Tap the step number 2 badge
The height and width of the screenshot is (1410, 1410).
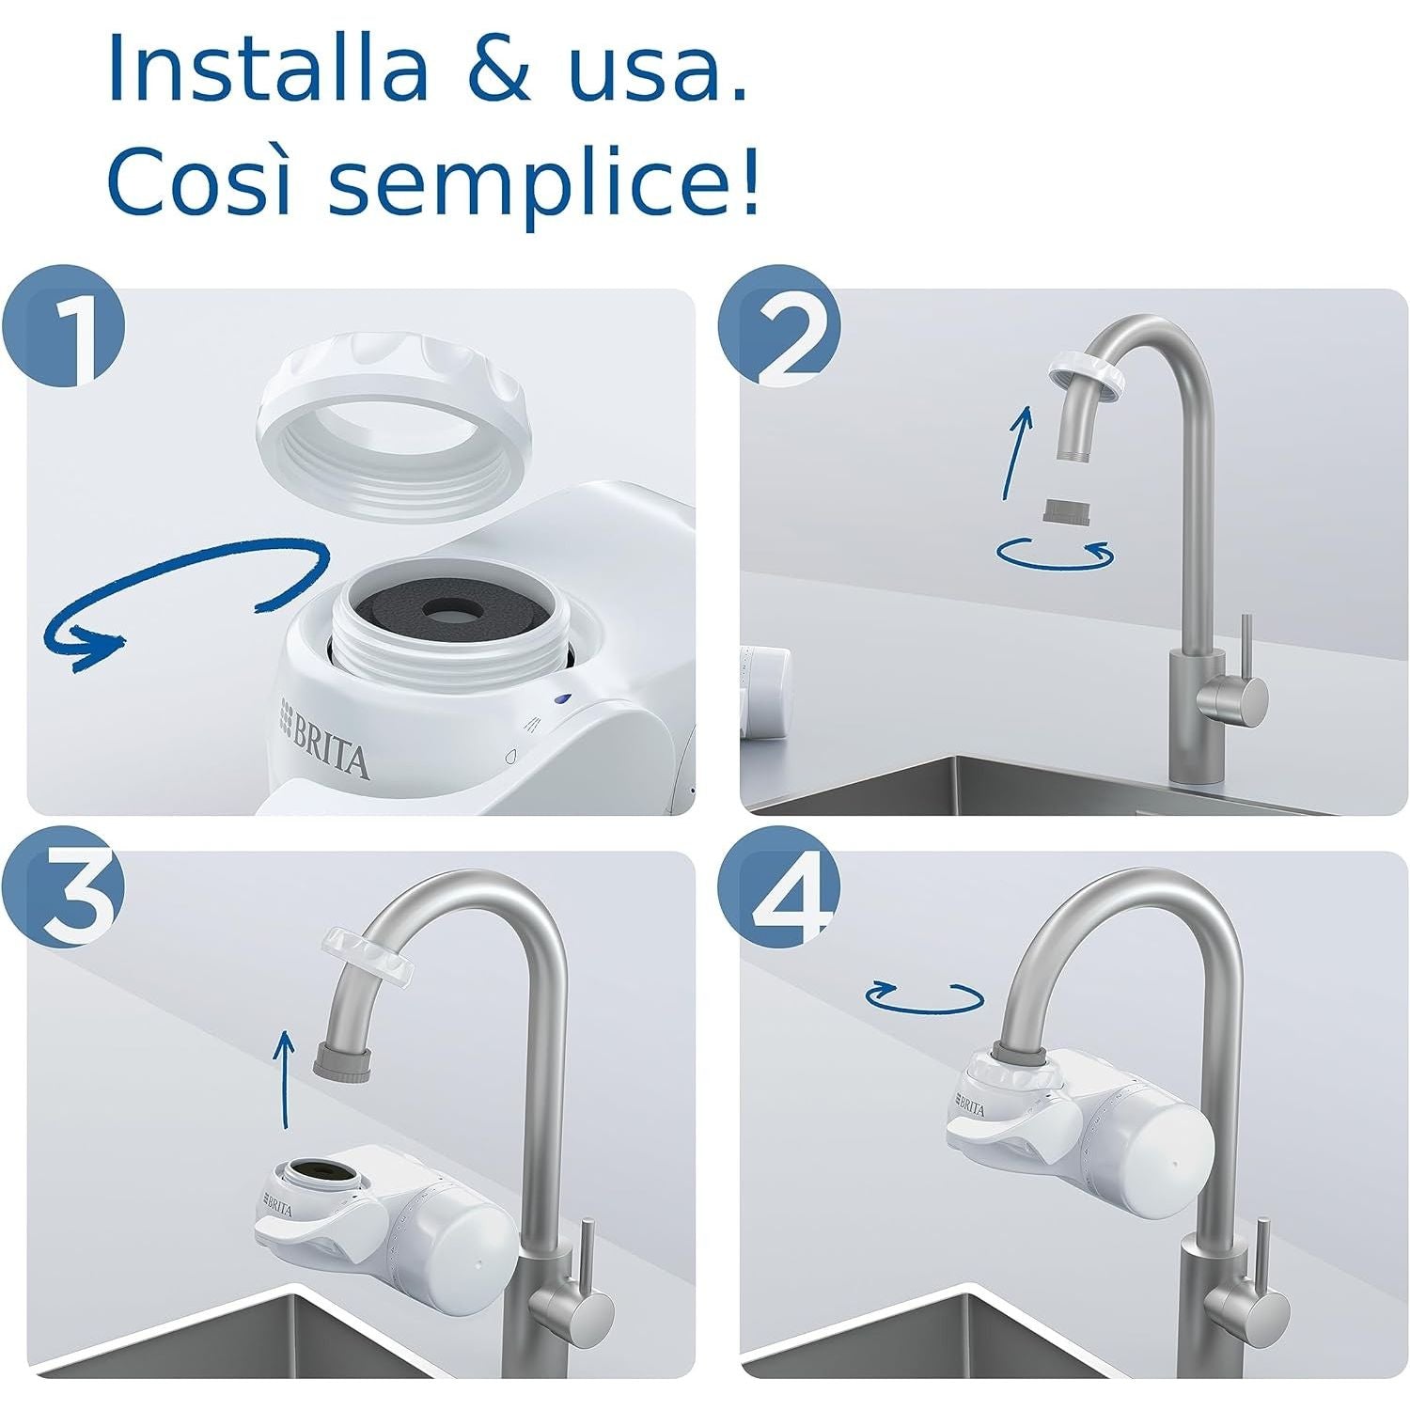(x=779, y=333)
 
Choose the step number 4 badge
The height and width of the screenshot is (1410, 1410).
(x=779, y=898)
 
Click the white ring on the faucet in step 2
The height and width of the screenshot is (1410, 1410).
(x=1087, y=372)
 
